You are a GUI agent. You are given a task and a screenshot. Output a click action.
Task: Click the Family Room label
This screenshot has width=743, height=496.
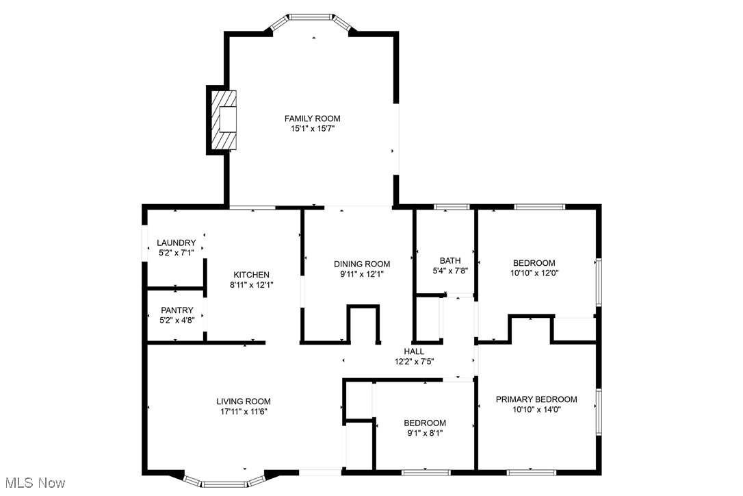[312, 118]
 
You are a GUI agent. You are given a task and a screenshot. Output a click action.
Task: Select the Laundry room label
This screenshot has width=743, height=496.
[176, 243]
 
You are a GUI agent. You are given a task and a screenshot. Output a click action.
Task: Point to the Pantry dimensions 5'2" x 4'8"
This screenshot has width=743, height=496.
[177, 320]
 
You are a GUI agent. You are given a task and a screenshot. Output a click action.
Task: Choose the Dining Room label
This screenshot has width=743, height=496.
[362, 264]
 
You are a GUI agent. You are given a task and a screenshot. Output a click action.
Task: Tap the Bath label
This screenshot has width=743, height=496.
[449, 260]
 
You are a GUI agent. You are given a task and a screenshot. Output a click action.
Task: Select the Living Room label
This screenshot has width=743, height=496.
[244, 401]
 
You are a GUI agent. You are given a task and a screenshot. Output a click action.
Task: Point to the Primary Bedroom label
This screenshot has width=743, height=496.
[536, 399]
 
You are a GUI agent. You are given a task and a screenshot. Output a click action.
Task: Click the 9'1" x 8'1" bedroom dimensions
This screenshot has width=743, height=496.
[424, 433]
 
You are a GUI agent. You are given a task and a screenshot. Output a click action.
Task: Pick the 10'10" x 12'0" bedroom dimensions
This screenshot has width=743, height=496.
[534, 273]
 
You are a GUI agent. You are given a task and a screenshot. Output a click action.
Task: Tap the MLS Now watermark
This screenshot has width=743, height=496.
[33, 483]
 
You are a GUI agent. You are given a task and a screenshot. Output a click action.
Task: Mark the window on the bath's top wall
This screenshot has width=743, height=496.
[452, 206]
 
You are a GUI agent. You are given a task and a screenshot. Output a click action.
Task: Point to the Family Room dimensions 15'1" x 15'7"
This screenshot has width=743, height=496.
[312, 128]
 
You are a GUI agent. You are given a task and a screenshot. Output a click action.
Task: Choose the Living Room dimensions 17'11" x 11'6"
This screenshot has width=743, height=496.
[244, 412]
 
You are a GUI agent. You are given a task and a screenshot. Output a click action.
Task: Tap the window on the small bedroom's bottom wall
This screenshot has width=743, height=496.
[426, 471]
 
